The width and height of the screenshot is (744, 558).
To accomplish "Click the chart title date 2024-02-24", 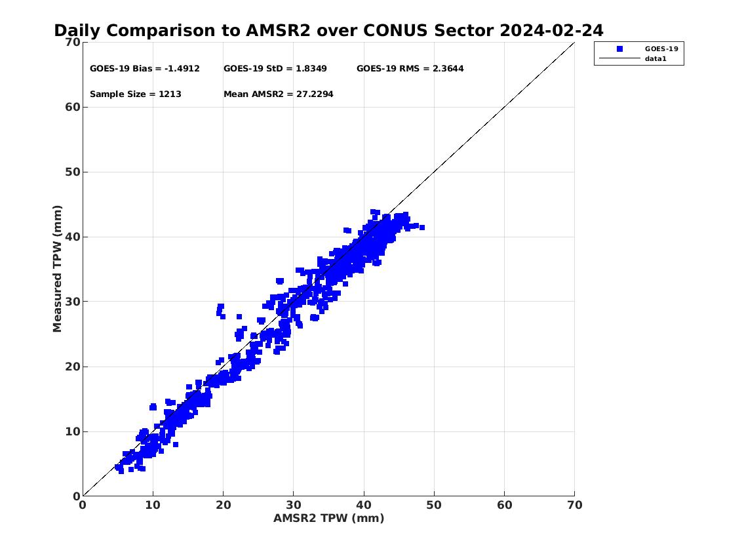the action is [x=551, y=30].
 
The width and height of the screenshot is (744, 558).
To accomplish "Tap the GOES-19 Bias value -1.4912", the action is [x=182, y=68].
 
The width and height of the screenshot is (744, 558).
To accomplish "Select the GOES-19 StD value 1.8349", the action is [x=311, y=68].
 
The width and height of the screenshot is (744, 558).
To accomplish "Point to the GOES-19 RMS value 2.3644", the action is [x=448, y=68].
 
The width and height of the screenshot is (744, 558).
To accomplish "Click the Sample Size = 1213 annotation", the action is [x=136, y=94].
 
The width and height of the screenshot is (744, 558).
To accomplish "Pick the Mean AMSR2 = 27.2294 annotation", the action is [x=279, y=94].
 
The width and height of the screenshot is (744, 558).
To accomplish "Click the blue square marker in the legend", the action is [x=619, y=49].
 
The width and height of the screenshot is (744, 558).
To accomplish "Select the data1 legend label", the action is [x=656, y=59].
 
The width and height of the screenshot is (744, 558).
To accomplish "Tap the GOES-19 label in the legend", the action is [x=661, y=49].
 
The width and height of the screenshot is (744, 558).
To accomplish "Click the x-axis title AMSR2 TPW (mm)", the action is [x=329, y=518].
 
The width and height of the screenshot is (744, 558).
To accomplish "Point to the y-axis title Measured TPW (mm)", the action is [x=58, y=269].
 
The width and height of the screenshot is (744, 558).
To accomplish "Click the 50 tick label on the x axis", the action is [x=434, y=505].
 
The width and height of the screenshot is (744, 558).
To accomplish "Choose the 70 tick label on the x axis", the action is [x=575, y=505].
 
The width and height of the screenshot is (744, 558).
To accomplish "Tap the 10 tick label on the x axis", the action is [x=153, y=505].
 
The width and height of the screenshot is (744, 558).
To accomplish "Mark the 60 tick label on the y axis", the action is [x=73, y=108].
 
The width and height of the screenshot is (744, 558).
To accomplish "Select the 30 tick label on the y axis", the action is [x=73, y=302].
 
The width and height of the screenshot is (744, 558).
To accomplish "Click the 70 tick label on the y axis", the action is [x=73, y=42].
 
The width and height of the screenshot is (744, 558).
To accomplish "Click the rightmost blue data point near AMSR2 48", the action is [x=422, y=228].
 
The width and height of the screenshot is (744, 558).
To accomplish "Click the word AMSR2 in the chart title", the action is [x=278, y=30].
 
